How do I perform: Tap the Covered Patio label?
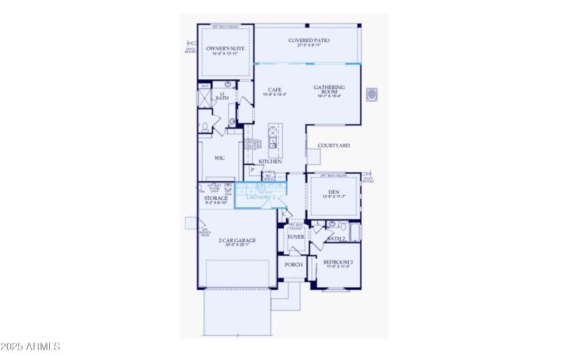[308, 41]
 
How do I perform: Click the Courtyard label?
[334, 146]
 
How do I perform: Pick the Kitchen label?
[270, 161]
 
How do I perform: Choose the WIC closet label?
[219, 159]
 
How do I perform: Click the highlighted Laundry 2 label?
[261, 197]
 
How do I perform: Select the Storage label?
[216, 199]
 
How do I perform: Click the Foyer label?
[295, 237]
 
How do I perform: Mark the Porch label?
[293, 265]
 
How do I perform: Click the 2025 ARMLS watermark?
[31, 347]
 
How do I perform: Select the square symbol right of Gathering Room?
[372, 94]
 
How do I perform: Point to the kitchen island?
[275, 140]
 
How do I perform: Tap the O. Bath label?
[222, 96]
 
